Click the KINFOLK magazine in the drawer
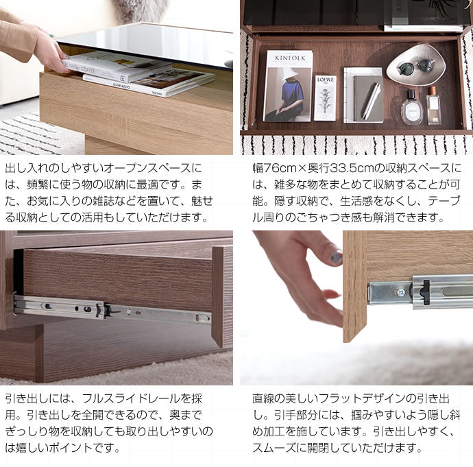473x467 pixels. pos(287,86)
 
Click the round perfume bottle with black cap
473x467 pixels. pos(411,109)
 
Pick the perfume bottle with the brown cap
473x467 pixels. pos(433,106)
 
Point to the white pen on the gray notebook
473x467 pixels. pos(371,99)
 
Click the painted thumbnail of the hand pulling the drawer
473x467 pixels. pos(337,257)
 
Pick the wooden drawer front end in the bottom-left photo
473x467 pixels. pos(221,295)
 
